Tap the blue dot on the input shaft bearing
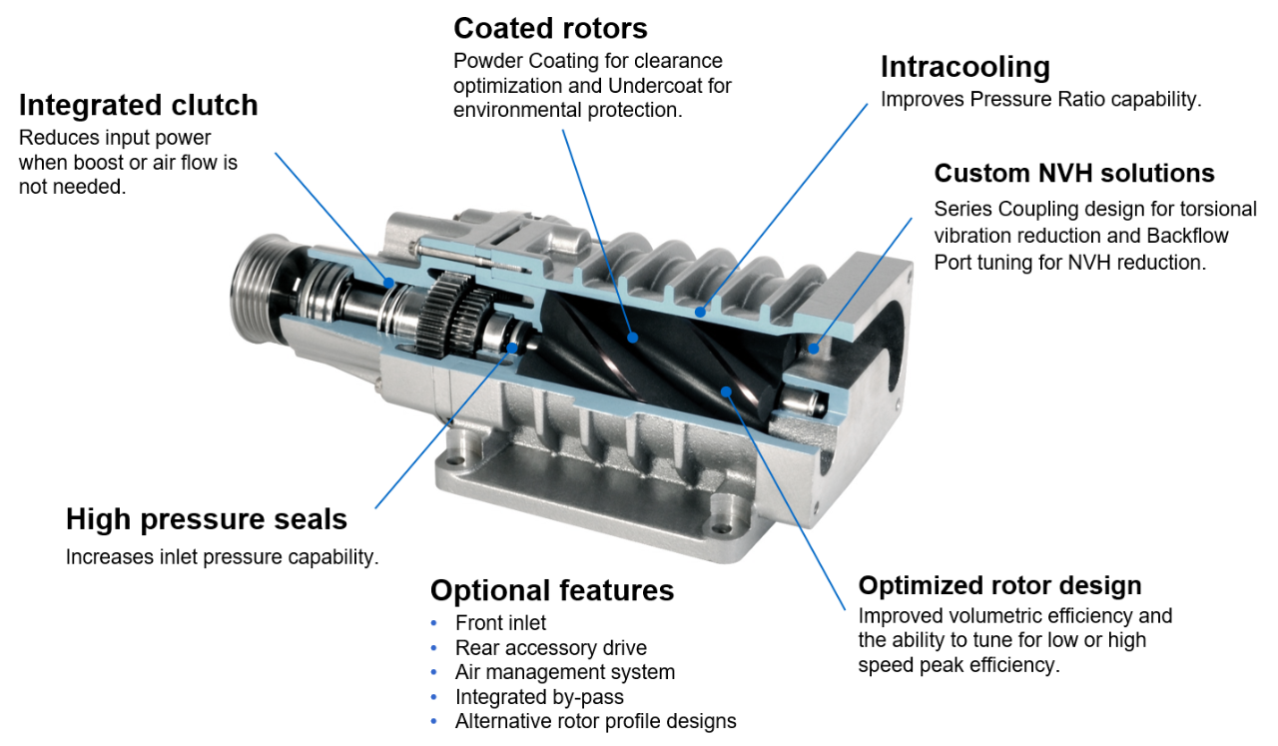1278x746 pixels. [388, 283]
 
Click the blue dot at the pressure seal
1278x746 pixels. [513, 348]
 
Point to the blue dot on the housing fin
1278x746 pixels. [700, 312]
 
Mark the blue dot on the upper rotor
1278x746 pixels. [632, 338]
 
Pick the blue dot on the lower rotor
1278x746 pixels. [727, 391]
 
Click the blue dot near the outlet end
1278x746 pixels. [814, 349]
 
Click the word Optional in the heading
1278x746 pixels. [487, 590]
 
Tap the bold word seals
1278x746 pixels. [306, 519]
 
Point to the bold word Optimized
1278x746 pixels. [916, 585]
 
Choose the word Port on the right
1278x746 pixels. [953, 263]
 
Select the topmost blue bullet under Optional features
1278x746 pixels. [433, 623]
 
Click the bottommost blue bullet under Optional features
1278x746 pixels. [433, 721]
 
